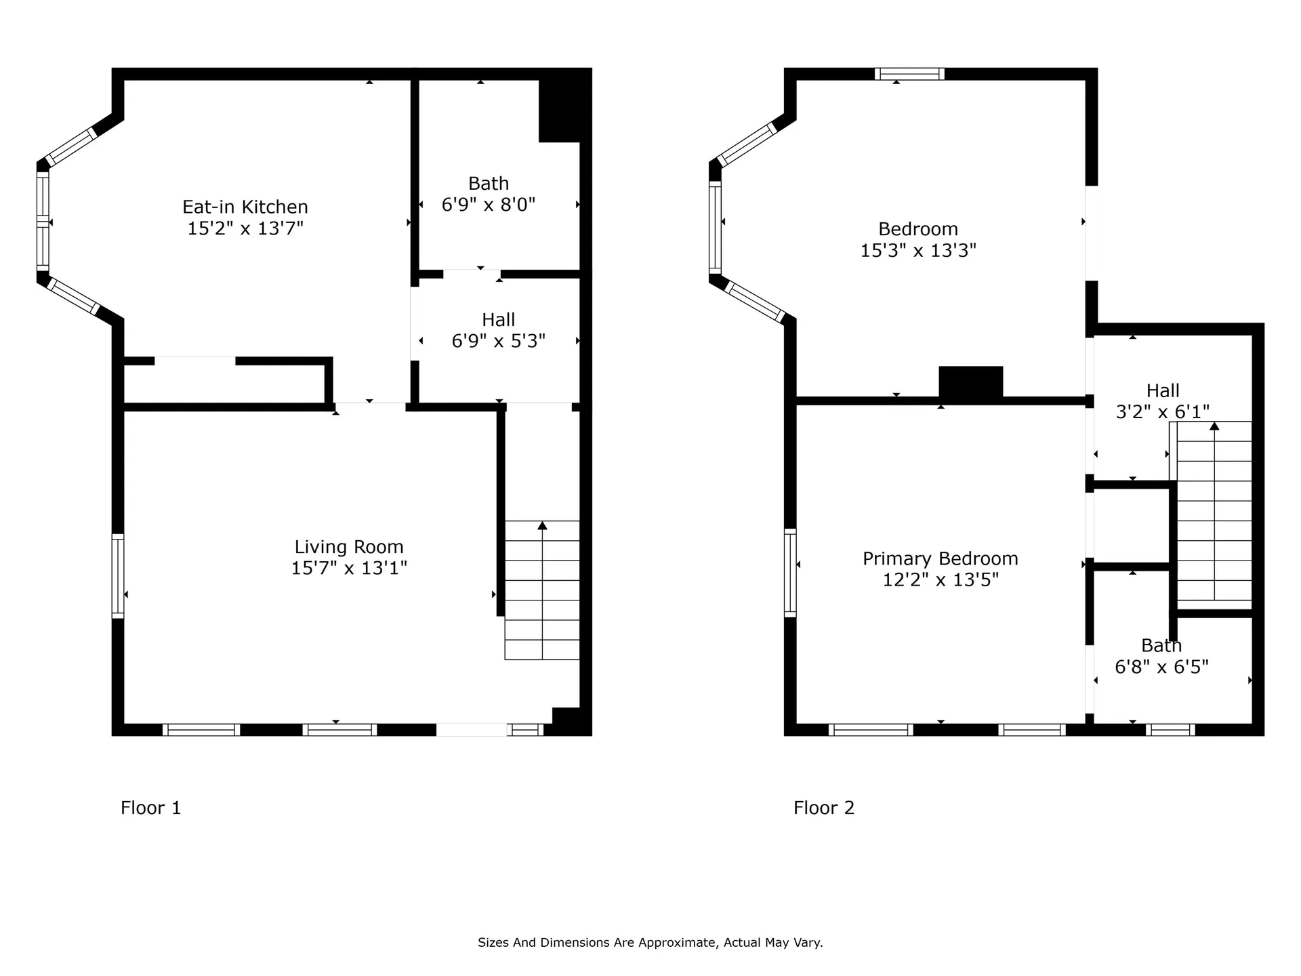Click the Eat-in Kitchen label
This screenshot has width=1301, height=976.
point(245,207)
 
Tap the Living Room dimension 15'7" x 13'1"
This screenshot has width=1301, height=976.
point(349,568)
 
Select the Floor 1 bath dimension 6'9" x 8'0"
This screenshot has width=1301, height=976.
point(489,205)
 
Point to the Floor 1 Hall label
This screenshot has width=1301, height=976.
point(499,319)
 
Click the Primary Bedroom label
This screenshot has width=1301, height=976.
point(941,559)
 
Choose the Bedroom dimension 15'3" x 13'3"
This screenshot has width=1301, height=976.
point(918,251)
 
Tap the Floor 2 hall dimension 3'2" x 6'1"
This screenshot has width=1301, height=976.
point(1163,412)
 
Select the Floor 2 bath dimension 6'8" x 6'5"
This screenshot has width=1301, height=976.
point(1162,668)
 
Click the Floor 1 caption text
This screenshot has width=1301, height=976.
point(151,808)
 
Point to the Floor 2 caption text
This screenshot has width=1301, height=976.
point(824,808)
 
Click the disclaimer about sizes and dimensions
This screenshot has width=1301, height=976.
point(650,943)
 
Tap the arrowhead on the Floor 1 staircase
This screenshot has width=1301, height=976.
point(542,525)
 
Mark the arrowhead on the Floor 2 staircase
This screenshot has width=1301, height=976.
point(1214,426)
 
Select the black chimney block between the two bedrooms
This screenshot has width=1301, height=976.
point(970,382)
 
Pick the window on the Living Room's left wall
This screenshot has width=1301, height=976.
point(118,576)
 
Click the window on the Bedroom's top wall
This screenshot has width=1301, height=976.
point(909,74)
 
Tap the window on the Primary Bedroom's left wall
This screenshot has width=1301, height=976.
point(790,573)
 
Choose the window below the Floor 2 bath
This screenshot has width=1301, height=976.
point(1170,730)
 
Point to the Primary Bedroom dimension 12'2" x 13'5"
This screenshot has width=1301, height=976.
point(941,580)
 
